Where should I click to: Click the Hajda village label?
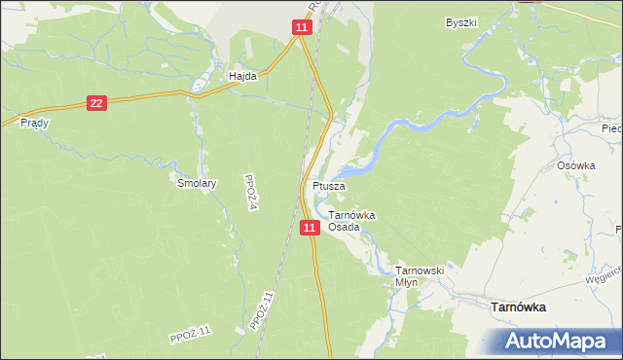[241, 74]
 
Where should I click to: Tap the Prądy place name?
[34, 124]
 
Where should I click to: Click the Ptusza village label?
[327, 185]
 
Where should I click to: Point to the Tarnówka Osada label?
[351, 220]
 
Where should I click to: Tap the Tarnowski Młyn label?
[419, 275]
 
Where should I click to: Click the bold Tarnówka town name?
[516, 306]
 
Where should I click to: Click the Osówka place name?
[575, 165]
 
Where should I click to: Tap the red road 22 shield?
[95, 102]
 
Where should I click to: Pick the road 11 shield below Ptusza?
[310, 227]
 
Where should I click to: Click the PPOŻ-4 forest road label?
[251, 184]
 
